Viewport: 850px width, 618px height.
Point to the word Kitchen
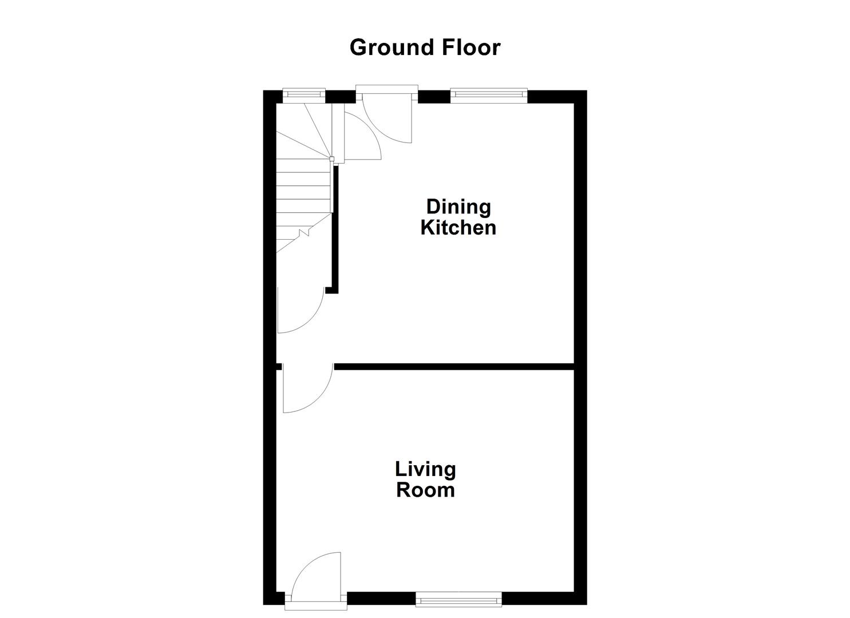pos(458,228)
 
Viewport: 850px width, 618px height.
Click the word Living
pos(425,470)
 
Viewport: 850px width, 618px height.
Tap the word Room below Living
pos(425,490)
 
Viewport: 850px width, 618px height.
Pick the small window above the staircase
pos(304,92)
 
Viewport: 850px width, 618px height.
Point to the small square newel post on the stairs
pos(332,159)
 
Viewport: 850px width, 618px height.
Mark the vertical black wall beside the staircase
pos(336,229)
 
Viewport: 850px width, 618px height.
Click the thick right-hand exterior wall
pos(580,343)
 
